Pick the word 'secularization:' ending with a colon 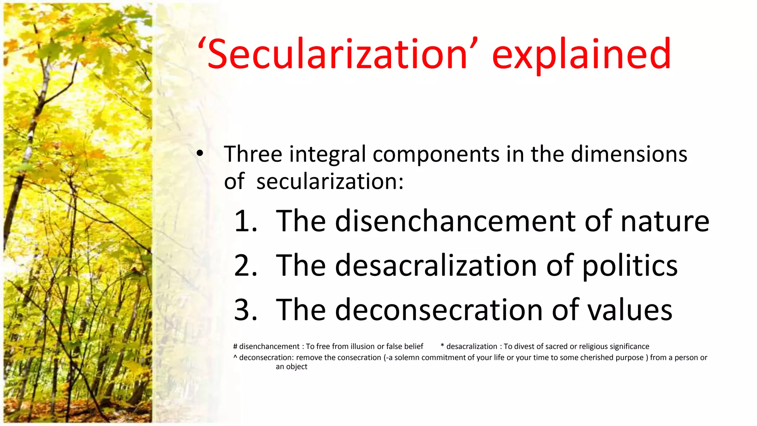[x=330, y=182]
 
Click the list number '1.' [x=246, y=221]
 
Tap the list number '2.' [x=246, y=266]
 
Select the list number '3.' [x=246, y=310]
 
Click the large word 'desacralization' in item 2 [x=436, y=266]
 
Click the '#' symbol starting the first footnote [x=235, y=346]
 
